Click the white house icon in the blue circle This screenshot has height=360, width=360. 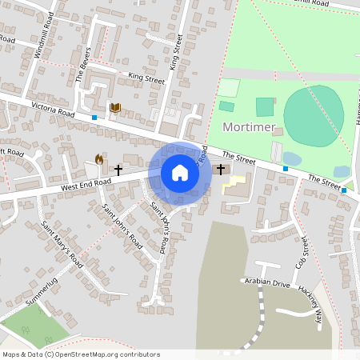click(x=180, y=172)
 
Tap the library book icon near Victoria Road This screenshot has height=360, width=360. click(x=115, y=107)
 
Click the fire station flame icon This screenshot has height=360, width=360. click(x=99, y=160)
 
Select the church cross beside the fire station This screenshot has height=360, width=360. click(x=118, y=170)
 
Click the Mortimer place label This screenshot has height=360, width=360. click(x=249, y=127)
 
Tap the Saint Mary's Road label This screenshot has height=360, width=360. click(x=62, y=243)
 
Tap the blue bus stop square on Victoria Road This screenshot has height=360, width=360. click(x=94, y=118)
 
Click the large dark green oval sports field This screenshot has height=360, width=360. click(x=314, y=116)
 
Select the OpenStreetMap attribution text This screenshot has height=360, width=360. click(x=81, y=354)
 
